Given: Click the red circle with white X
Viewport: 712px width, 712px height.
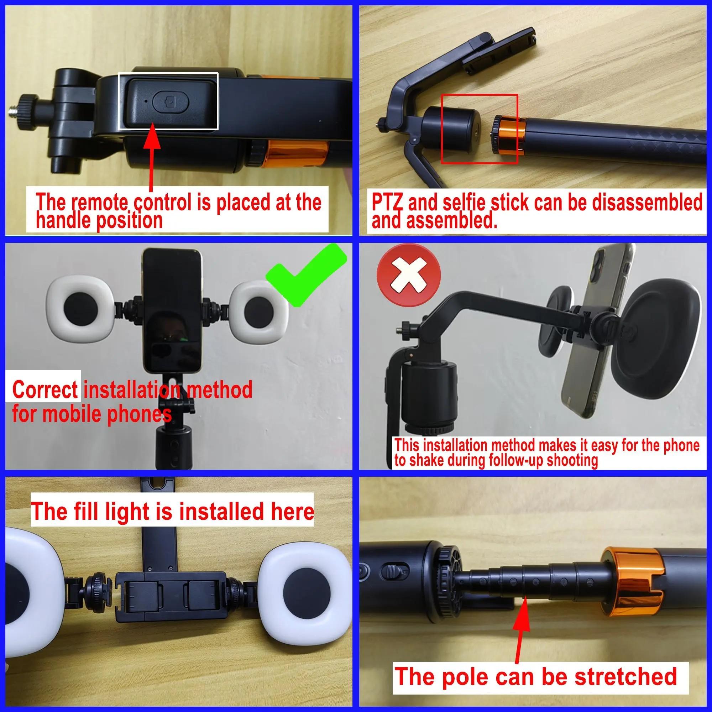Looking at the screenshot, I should [408, 275].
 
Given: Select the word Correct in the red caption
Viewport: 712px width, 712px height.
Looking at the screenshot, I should [44, 390].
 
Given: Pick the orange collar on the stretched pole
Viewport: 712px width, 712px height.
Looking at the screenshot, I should [632, 582].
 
